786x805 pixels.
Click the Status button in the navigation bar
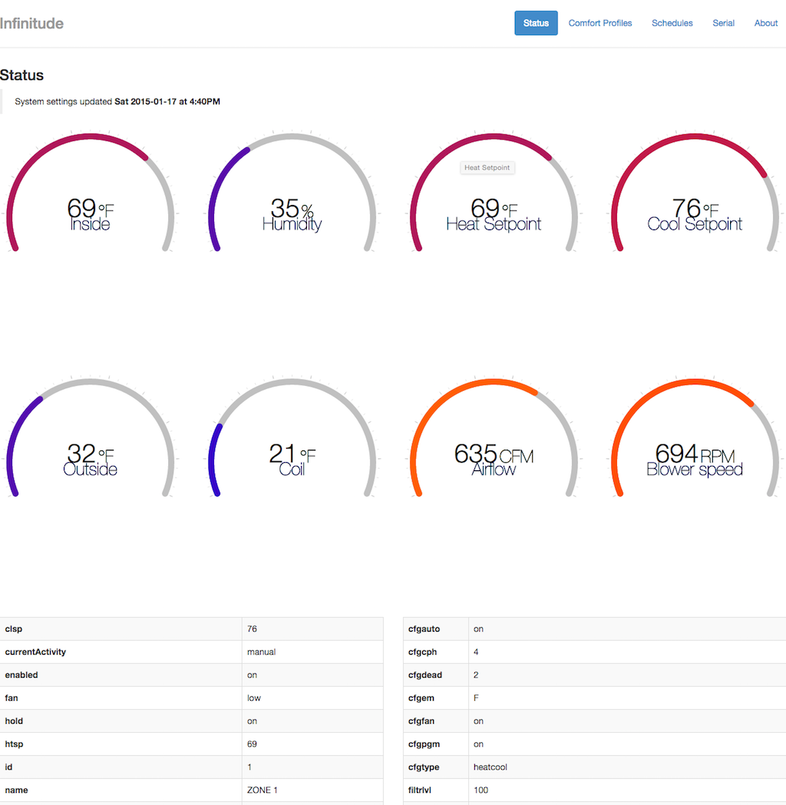(536, 23)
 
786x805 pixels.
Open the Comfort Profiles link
(600, 23)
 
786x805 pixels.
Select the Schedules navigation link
(672, 23)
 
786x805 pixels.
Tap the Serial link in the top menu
(723, 23)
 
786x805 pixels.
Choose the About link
(766, 23)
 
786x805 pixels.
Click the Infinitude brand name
(31, 23)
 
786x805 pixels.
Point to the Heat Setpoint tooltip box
(487, 167)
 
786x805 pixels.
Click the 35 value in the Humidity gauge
(285, 208)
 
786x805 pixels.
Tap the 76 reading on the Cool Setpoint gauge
(686, 208)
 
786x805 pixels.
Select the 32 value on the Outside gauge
(81, 454)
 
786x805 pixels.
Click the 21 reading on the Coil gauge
(282, 454)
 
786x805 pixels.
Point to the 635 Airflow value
(475, 454)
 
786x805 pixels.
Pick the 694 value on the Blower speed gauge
(676, 454)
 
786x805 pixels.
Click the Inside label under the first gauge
(90, 225)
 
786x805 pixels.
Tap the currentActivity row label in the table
(35, 652)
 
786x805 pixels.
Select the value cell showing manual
(261, 652)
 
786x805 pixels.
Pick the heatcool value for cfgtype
(490, 767)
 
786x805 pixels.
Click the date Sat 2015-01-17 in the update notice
(146, 101)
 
